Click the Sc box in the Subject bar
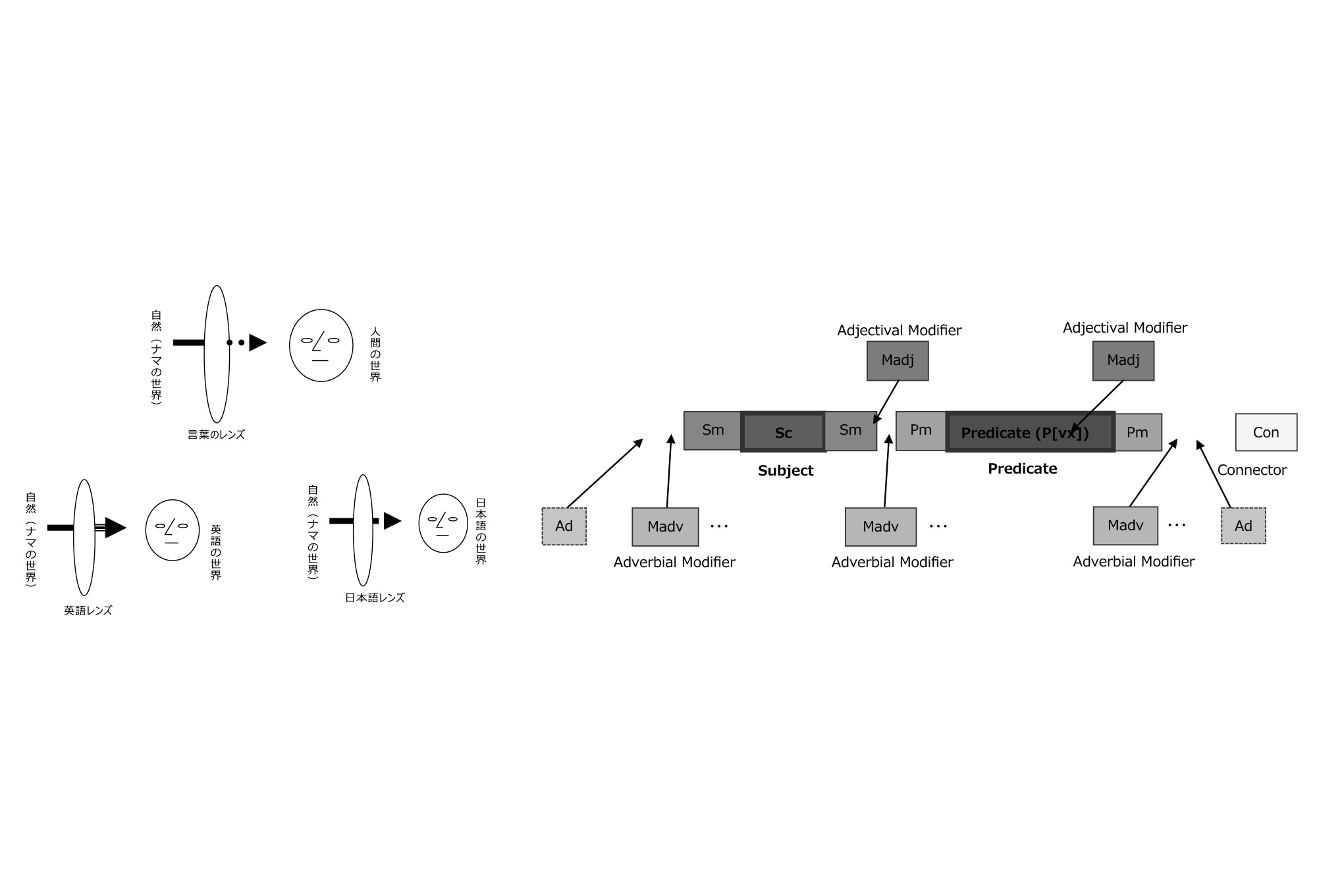point(784,432)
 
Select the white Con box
point(1266,432)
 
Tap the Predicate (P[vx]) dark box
point(1031,432)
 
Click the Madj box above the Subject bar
point(898,360)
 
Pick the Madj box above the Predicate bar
point(1123,360)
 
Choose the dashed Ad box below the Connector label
point(1243,526)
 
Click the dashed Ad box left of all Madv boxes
point(564,526)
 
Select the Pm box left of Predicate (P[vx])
point(921,431)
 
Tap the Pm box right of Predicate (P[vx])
point(1138,432)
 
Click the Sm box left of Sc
point(713,431)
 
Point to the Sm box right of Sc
point(851,431)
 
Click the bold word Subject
point(786,470)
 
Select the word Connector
point(1252,470)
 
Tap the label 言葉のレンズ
point(216,435)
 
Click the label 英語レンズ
point(88,611)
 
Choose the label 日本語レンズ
point(375,597)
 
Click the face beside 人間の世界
point(321,345)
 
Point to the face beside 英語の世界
point(173,530)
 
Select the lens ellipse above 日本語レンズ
point(363,530)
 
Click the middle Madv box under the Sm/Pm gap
point(880,527)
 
